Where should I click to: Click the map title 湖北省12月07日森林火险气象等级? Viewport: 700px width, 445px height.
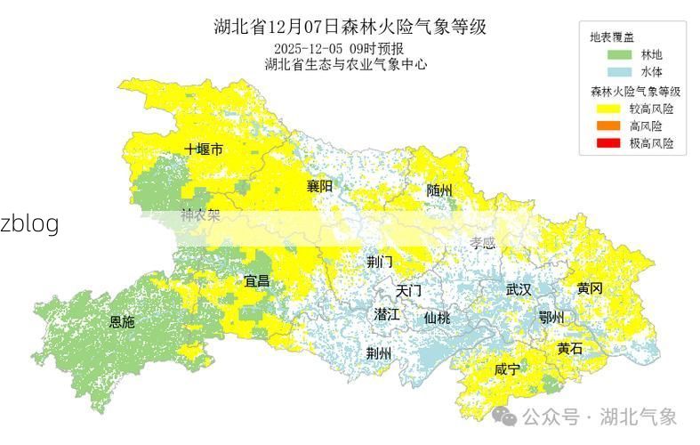[350, 26]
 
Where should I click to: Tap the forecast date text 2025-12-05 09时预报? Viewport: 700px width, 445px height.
[338, 48]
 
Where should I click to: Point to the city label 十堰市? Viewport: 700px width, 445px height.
[204, 149]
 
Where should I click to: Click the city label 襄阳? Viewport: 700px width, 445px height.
[319, 186]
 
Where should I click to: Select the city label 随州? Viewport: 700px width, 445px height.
[439, 190]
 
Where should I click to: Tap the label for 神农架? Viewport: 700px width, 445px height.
[200, 214]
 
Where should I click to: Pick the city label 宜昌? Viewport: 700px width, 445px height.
[257, 281]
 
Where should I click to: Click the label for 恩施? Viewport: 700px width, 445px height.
[122, 322]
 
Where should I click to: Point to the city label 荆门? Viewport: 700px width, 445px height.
[380, 262]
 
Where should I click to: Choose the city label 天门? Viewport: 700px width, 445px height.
[408, 290]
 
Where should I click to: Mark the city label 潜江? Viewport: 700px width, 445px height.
[387, 314]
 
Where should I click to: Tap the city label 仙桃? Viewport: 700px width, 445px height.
[437, 318]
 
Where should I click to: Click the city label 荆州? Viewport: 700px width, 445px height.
[379, 352]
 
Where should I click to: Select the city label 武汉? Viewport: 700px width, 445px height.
[518, 289]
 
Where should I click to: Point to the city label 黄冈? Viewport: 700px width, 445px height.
[589, 288]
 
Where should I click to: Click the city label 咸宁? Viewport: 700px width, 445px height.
[507, 368]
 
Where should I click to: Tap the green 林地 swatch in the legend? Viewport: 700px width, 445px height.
[608, 55]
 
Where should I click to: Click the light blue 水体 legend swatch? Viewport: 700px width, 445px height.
[608, 72]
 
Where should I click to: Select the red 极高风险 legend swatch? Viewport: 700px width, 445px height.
[608, 143]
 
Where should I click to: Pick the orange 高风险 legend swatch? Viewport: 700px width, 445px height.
[608, 126]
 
